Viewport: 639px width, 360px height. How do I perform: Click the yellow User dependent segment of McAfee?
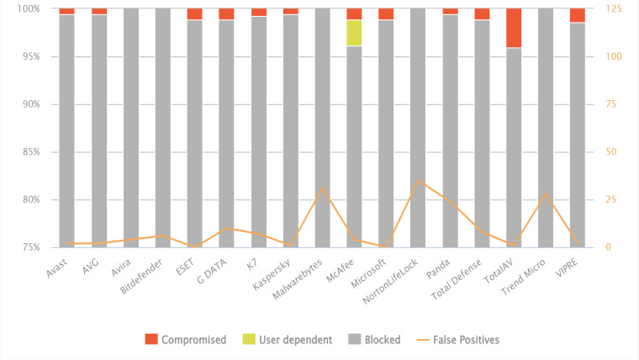coord(354,33)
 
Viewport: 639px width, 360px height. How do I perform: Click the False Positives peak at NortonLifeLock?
coord(418,180)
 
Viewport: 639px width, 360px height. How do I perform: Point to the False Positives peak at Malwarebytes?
coord(322,188)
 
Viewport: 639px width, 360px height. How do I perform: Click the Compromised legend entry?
coord(193,340)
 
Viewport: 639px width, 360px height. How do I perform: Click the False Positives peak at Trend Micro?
coord(546,193)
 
